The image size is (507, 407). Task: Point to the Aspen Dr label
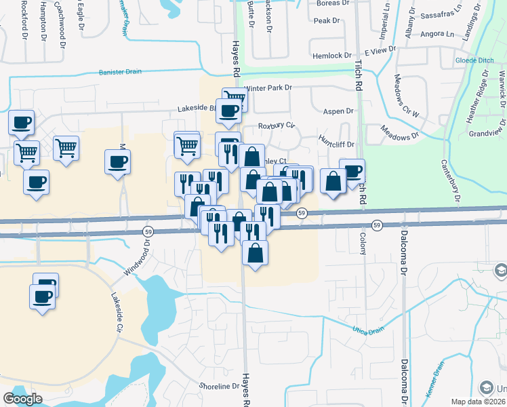coord(339,111)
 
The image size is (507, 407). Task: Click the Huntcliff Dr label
coord(336,144)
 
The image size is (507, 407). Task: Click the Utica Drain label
coord(368,330)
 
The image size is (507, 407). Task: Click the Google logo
coord(22,399)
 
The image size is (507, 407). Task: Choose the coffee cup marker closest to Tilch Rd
coord(352,170)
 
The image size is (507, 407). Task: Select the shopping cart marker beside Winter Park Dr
coord(235,97)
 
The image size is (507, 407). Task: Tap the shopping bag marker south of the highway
coord(256,252)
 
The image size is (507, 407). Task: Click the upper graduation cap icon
coord(500,270)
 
